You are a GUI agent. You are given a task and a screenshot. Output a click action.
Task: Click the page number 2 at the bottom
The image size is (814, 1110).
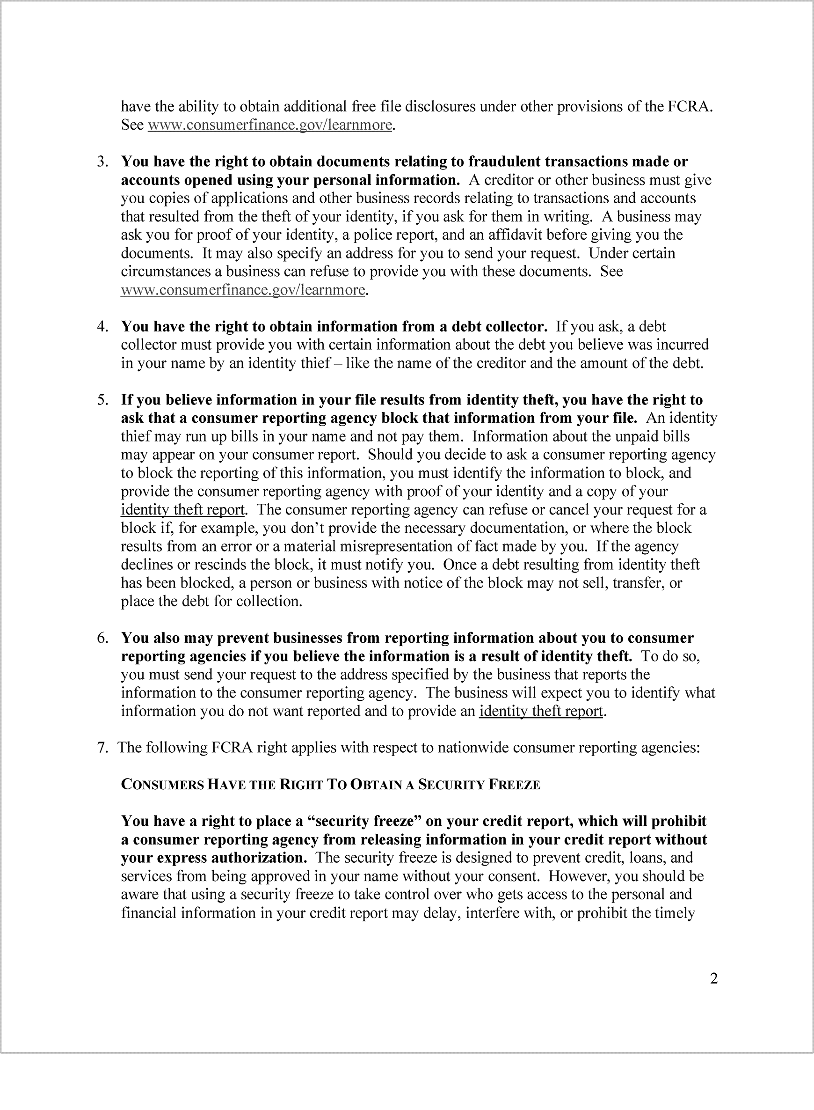pyautogui.click(x=713, y=978)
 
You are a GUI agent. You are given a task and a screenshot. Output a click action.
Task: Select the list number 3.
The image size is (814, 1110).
pyautogui.click(x=102, y=162)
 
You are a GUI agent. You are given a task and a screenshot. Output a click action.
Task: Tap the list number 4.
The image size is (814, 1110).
pyautogui.click(x=102, y=326)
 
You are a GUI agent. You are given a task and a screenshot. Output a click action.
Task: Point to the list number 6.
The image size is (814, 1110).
pyautogui.click(x=102, y=638)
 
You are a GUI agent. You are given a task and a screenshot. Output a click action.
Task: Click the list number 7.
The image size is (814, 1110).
pyautogui.click(x=102, y=748)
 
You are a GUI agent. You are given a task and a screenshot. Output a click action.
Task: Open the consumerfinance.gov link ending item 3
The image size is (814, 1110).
pyautogui.click(x=243, y=290)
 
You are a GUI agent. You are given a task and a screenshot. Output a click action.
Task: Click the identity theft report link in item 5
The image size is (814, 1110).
pyautogui.click(x=182, y=509)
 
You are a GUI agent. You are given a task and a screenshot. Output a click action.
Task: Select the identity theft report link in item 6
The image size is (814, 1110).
pyautogui.click(x=540, y=711)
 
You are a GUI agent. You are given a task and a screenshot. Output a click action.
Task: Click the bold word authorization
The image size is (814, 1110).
pyautogui.click(x=259, y=858)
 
